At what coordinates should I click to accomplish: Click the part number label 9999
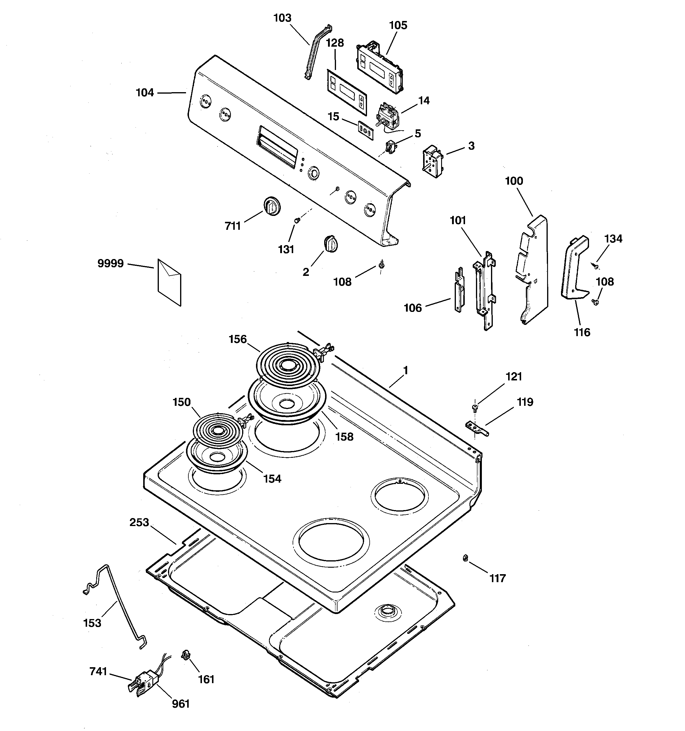click(110, 264)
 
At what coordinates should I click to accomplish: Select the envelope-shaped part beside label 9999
click(169, 282)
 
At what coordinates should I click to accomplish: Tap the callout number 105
click(398, 25)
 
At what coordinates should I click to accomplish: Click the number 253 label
click(139, 522)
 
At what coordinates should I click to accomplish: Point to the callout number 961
click(181, 704)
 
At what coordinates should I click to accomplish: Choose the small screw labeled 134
click(595, 265)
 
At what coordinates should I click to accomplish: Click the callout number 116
click(582, 332)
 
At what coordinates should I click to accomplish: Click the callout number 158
click(345, 437)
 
